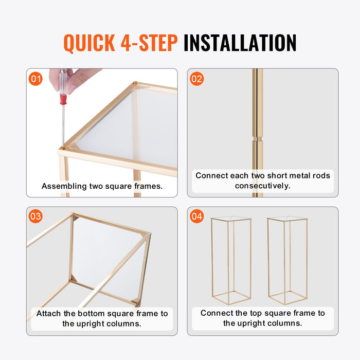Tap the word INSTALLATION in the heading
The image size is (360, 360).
(240, 43)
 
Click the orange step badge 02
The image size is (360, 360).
(196, 79)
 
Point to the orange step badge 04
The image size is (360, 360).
(196, 217)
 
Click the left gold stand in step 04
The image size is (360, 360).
(231, 260)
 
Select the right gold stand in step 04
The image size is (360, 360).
(287, 260)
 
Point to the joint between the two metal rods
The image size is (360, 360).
(257, 137)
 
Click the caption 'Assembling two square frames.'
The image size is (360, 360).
(102, 186)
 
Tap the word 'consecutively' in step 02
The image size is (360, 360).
(262, 186)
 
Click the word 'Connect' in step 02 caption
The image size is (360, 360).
(212, 175)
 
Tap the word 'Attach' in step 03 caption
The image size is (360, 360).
(49, 313)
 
